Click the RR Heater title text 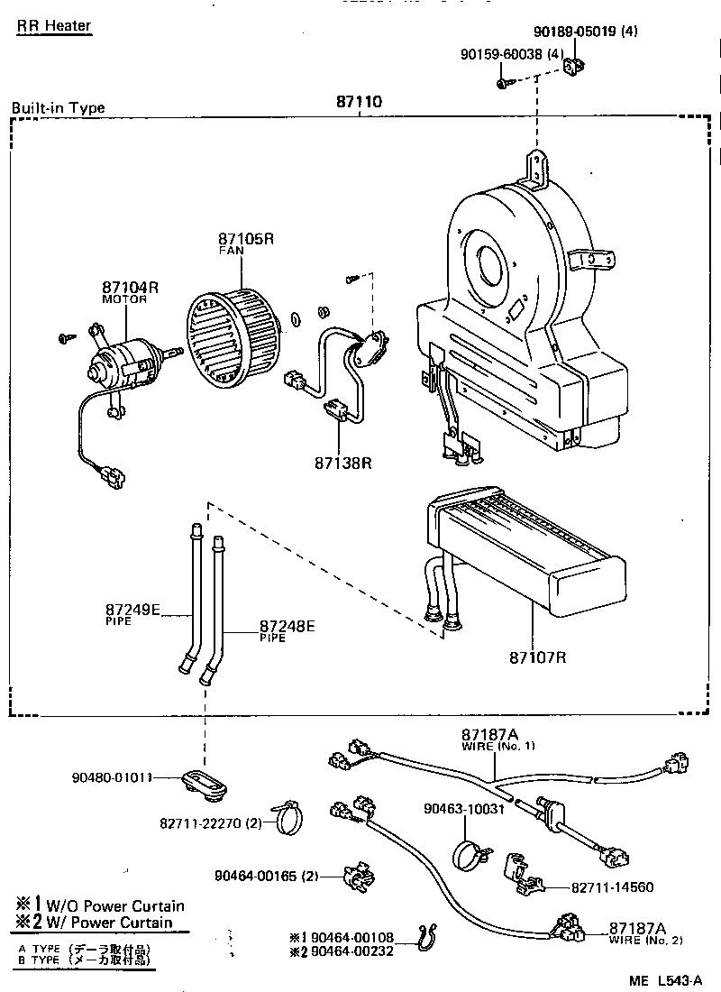54,25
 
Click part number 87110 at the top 359,102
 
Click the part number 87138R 343,463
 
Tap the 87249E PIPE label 132,612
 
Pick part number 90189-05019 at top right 591,31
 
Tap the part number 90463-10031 465,809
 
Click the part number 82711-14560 612,887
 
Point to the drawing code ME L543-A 665,979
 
